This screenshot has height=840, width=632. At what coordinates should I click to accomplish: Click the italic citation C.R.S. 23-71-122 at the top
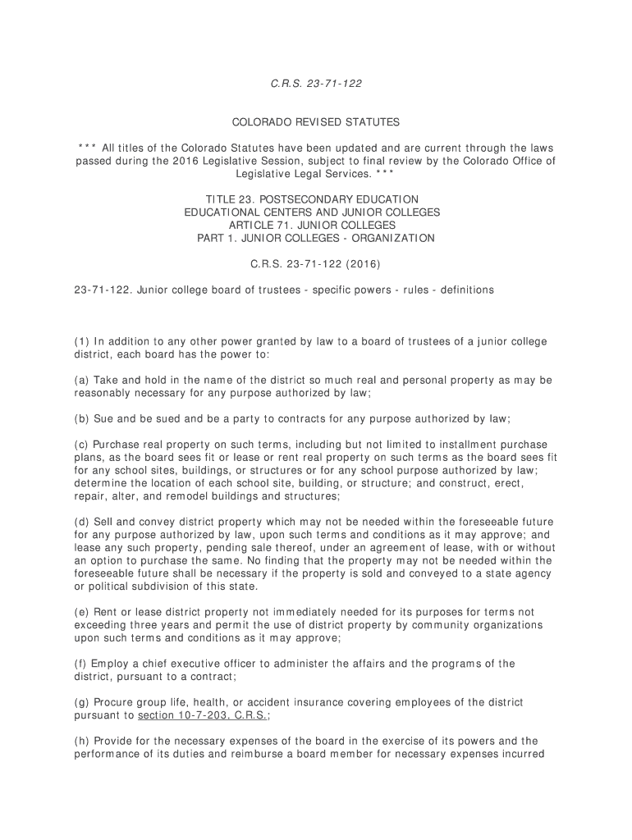(x=316, y=84)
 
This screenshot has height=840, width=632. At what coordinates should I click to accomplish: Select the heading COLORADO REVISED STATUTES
(x=316, y=122)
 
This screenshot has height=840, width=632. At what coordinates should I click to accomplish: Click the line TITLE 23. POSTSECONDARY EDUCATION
(x=316, y=199)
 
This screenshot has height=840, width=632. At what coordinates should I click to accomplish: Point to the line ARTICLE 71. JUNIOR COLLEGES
(x=316, y=225)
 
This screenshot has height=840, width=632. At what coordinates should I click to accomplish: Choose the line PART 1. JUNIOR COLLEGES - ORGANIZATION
(x=316, y=238)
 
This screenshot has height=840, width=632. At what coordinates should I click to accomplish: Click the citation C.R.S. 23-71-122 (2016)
(x=316, y=264)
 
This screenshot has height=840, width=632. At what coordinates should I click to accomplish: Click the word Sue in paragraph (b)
(x=104, y=418)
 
